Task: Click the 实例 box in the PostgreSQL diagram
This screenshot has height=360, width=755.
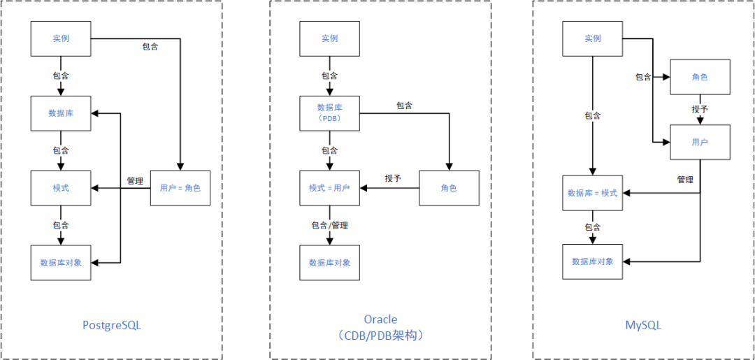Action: [x=61, y=38]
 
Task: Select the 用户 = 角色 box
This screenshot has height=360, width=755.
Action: [x=180, y=188]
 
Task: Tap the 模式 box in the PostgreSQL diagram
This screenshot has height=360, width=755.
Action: [x=61, y=188]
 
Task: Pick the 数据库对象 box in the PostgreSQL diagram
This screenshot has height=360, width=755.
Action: [x=61, y=263]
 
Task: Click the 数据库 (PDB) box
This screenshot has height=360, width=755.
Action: [x=329, y=113]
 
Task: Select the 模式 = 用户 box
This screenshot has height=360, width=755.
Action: [x=329, y=188]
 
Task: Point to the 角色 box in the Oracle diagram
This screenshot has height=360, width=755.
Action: [x=449, y=188]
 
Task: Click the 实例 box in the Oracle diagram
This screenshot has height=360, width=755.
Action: [x=329, y=38]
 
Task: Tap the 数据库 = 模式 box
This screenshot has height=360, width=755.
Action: [x=592, y=192]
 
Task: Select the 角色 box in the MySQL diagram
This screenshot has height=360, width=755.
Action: [x=700, y=78]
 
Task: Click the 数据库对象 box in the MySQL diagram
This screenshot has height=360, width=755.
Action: [x=592, y=261]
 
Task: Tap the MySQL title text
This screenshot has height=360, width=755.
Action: [x=643, y=325]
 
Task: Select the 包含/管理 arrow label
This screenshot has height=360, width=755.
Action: [x=329, y=225]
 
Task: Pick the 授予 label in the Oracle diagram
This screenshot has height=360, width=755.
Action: [x=393, y=178]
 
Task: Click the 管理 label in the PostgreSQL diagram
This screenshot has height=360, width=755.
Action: [x=135, y=181]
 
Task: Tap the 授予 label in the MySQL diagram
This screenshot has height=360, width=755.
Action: [x=700, y=110]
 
